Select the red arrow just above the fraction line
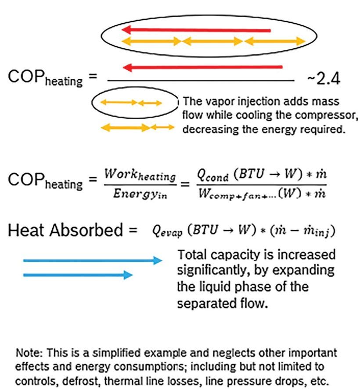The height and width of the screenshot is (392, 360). (x=202, y=67)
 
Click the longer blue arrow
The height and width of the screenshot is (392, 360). (x=92, y=261)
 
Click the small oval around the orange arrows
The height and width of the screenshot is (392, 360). (x=134, y=103)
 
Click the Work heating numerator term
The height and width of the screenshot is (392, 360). (x=140, y=177)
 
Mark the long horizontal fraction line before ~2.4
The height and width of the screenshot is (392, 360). (x=200, y=81)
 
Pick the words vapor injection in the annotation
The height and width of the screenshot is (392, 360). (x=238, y=102)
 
